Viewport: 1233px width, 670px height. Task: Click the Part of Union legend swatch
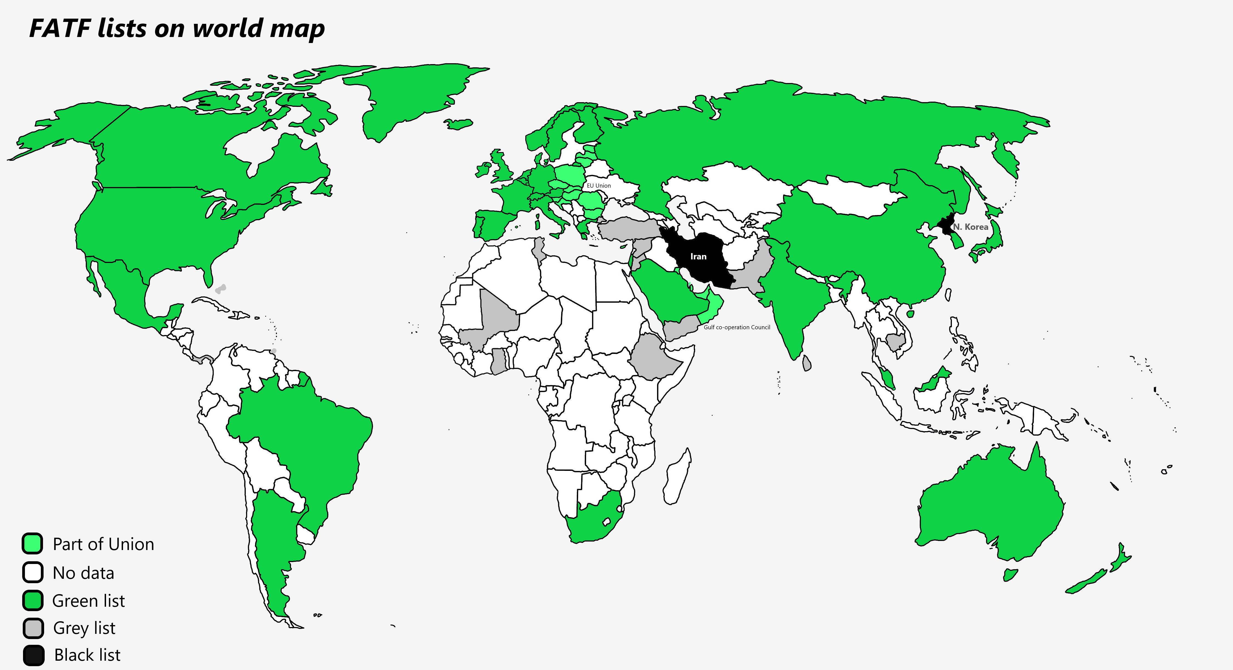33,544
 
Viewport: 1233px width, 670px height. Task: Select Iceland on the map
459,124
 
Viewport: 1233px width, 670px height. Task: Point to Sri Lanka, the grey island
807,363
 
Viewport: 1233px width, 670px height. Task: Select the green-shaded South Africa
593,522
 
